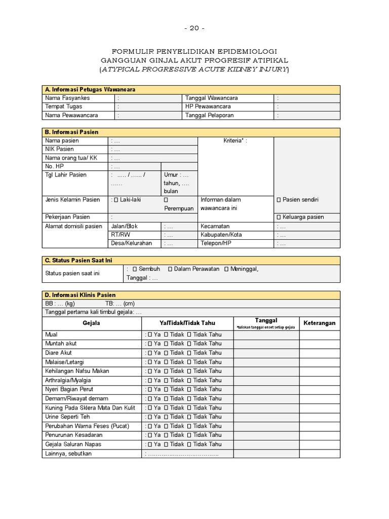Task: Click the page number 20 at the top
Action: click(x=194, y=28)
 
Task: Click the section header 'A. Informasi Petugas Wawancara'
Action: click(x=90, y=89)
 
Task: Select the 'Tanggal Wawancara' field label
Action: click(x=211, y=98)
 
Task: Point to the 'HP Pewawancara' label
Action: click(x=208, y=106)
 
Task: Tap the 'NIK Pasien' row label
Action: click(x=59, y=149)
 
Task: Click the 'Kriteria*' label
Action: click(x=235, y=140)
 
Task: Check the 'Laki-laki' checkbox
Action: click(x=115, y=200)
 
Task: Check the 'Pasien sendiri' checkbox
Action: click(x=279, y=200)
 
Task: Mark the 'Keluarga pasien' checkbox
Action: click(x=279, y=217)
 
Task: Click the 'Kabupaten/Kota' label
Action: click(x=221, y=235)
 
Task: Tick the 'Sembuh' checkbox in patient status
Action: click(x=135, y=269)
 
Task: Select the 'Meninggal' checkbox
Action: click(x=226, y=269)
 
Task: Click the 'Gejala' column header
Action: click(x=91, y=323)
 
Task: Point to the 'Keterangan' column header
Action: click(x=319, y=323)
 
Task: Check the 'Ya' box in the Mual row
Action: click(x=150, y=335)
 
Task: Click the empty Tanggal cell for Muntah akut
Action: click(x=266, y=344)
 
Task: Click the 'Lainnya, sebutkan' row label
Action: click(x=68, y=453)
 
